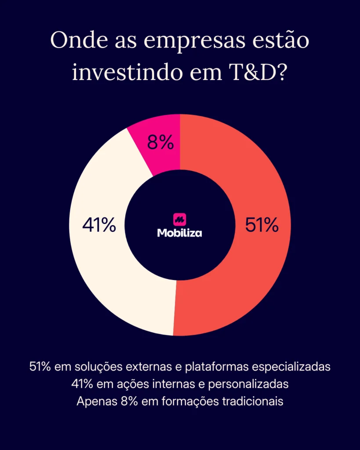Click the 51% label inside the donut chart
262,225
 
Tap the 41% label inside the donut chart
99,225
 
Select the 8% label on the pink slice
160,143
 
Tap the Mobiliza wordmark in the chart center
180,233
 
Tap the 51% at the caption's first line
40,367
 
